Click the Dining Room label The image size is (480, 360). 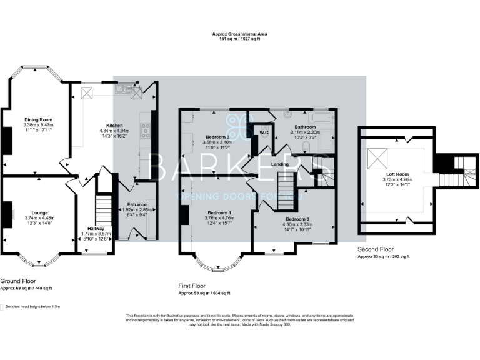pyautogui.click(x=38, y=119)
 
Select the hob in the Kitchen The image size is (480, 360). pyautogui.click(x=145, y=131)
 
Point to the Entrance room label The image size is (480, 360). pyautogui.click(x=136, y=204)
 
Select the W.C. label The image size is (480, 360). pyautogui.click(x=264, y=132)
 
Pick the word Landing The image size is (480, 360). pyautogui.click(x=279, y=164)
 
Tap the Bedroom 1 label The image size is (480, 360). pyautogui.click(x=219, y=213)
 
